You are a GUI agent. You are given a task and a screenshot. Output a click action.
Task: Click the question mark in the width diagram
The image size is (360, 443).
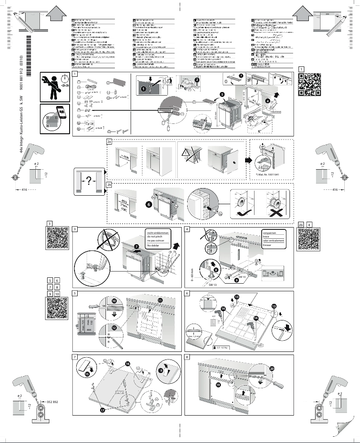[88, 180]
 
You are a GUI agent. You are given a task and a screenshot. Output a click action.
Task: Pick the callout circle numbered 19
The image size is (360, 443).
[219, 385]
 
